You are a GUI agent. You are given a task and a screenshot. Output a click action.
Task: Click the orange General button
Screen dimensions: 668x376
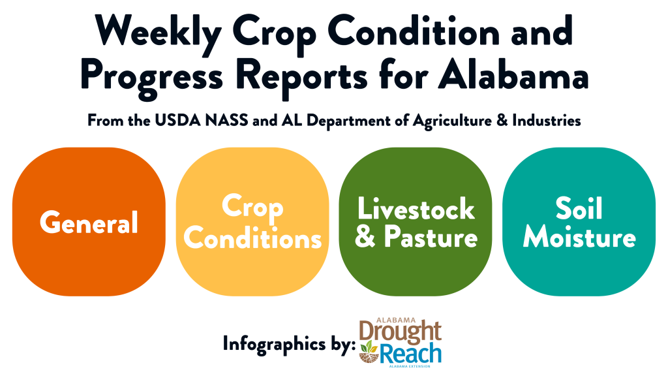(89, 222)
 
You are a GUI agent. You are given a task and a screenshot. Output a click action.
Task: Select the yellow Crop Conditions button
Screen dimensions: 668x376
(252, 222)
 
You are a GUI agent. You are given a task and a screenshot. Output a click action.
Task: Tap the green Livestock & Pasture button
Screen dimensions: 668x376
(416, 222)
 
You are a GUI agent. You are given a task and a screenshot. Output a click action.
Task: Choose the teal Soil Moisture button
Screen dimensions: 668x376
(579, 222)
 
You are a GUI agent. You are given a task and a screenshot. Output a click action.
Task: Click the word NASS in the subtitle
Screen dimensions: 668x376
(226, 121)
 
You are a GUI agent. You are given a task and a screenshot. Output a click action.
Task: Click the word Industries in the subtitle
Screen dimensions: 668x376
(547, 121)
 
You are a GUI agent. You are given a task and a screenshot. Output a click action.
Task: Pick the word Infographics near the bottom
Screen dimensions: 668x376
(274, 344)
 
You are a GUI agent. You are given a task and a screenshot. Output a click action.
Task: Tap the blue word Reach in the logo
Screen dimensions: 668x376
(410, 354)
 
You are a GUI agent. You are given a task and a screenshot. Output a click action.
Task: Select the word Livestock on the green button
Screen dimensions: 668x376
(416, 209)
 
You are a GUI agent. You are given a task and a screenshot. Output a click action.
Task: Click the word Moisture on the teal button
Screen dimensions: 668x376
(579, 237)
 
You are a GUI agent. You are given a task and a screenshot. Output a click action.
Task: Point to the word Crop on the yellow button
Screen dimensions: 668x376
(252, 208)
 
